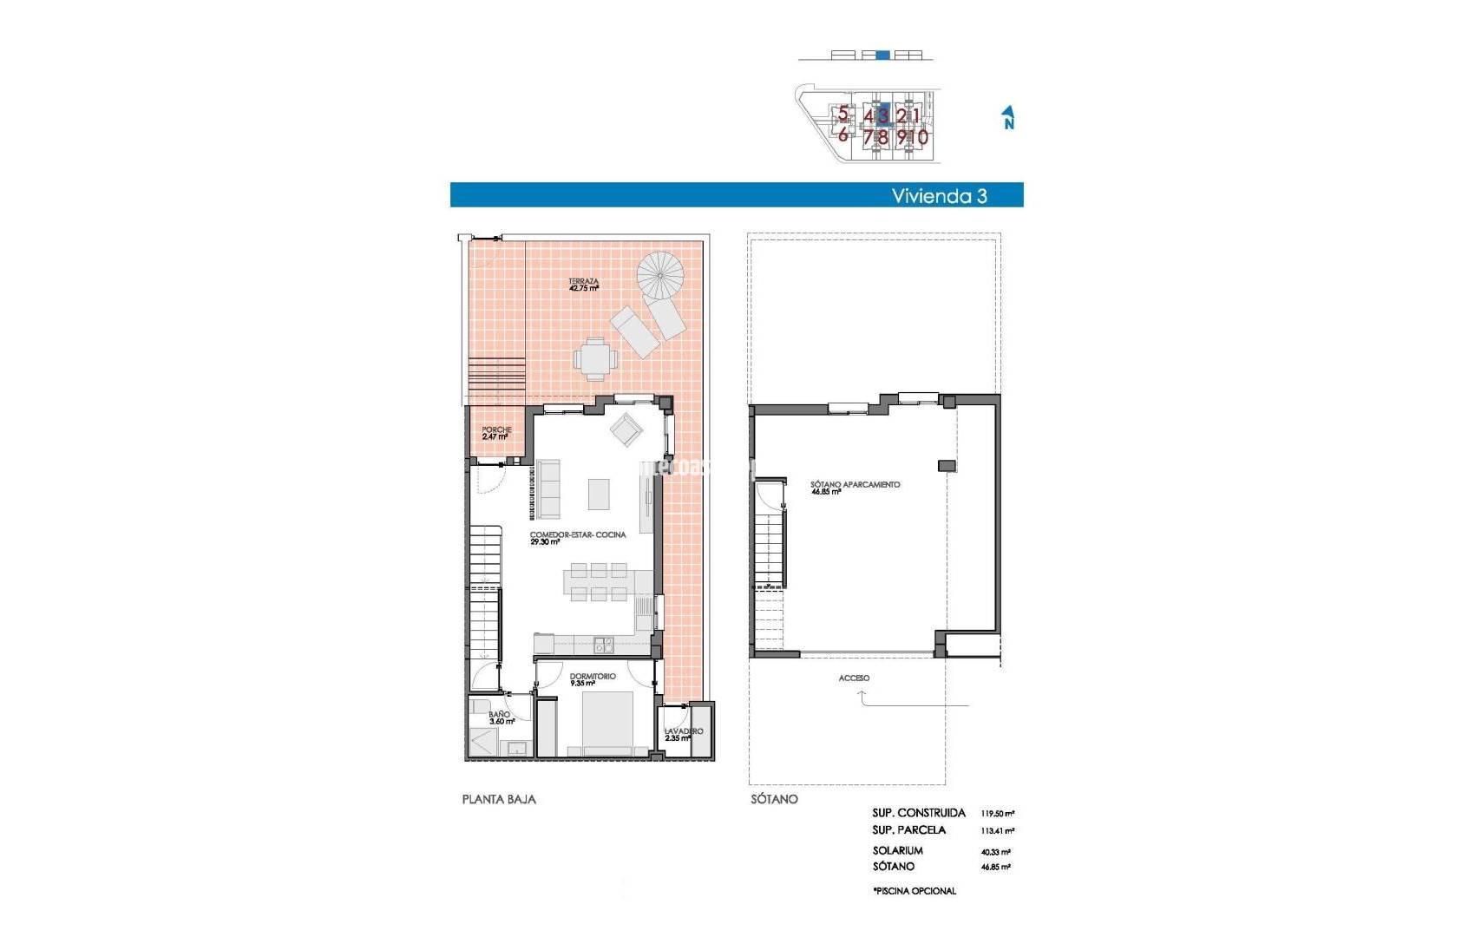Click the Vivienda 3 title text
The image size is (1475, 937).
tap(939, 196)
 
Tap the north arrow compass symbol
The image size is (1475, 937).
tap(1008, 117)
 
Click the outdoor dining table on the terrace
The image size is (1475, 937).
tap(595, 359)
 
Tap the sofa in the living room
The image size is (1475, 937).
tap(548, 489)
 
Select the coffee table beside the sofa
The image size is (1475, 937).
tap(599, 494)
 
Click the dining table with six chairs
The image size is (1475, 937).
tap(595, 582)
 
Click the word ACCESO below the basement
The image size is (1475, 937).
tap(854, 678)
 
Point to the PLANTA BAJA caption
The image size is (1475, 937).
tap(499, 799)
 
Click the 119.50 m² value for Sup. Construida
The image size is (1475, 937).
tap(998, 814)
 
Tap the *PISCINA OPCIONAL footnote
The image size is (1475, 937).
tap(914, 891)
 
